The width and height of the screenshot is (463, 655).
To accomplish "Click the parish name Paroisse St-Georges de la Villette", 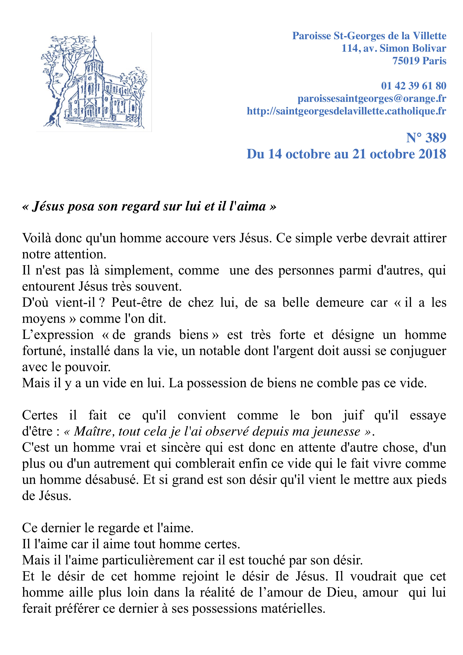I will point(369,36).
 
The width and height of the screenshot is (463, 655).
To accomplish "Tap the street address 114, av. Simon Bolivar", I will point(394,48).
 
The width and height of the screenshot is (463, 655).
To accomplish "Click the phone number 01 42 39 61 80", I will point(413,86).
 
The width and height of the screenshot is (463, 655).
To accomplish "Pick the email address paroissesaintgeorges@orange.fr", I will point(372,98).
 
